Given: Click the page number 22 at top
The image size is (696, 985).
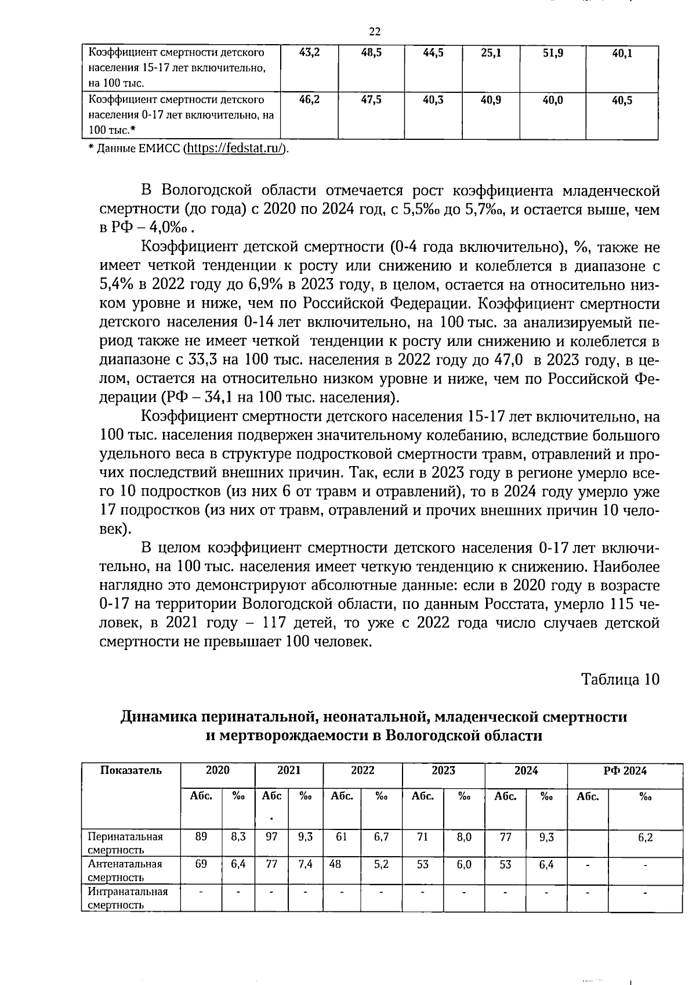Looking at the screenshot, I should [x=374, y=31].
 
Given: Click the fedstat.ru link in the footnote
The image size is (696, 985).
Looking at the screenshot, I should [x=235, y=149].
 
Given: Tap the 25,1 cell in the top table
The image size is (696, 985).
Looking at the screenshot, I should [x=491, y=53].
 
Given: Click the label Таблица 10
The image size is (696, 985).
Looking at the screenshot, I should [x=620, y=679].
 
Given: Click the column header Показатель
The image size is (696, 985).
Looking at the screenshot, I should [x=131, y=771].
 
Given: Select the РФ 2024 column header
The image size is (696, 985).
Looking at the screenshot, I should [x=625, y=771].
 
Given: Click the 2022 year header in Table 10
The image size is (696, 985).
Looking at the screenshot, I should [x=362, y=771].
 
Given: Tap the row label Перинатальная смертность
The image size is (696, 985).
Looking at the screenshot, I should [x=125, y=843].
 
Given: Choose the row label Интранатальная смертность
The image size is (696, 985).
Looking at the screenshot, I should [x=127, y=898].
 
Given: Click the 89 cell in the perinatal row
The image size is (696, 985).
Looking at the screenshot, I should [x=201, y=836].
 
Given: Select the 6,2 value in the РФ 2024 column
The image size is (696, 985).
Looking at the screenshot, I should [x=645, y=838].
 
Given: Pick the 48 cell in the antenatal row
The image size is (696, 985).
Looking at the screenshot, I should [x=335, y=864].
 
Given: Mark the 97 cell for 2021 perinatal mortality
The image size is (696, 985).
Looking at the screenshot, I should [x=271, y=836].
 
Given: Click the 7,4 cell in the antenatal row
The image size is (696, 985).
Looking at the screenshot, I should [x=305, y=864].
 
